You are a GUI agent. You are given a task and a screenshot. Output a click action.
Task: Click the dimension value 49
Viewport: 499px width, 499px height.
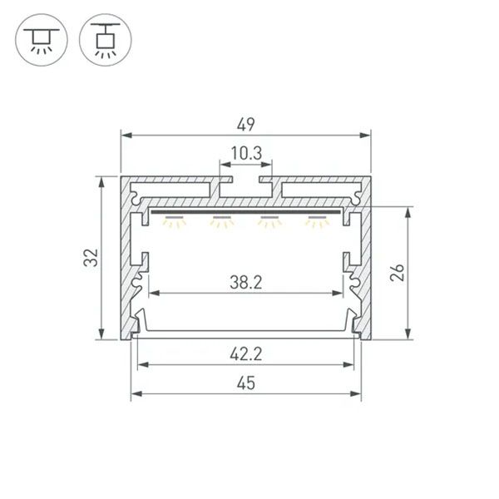pyautogui.click(x=245, y=125)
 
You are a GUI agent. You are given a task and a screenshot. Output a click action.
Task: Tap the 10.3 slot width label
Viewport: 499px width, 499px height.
pyautogui.click(x=246, y=153)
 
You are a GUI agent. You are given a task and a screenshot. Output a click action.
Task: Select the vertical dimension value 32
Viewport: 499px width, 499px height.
pyautogui.click(x=91, y=257)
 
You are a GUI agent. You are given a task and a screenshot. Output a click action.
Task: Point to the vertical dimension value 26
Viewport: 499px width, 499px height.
pyautogui.click(x=398, y=273)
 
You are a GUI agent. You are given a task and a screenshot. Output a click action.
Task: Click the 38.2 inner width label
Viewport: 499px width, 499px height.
pyautogui.click(x=246, y=283)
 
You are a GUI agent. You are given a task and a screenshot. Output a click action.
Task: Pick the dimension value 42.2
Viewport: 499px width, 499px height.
pyautogui.click(x=246, y=354)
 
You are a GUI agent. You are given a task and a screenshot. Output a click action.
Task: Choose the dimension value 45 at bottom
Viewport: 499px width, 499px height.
pyautogui.click(x=246, y=383)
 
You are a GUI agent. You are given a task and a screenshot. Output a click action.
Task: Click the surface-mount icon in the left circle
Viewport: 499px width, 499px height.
pyautogui.click(x=42, y=40)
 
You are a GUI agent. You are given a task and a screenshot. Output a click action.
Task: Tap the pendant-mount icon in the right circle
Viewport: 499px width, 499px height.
pyautogui.click(x=106, y=41)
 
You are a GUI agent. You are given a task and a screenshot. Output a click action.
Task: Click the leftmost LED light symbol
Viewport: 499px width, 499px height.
pyautogui.click(x=174, y=222)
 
